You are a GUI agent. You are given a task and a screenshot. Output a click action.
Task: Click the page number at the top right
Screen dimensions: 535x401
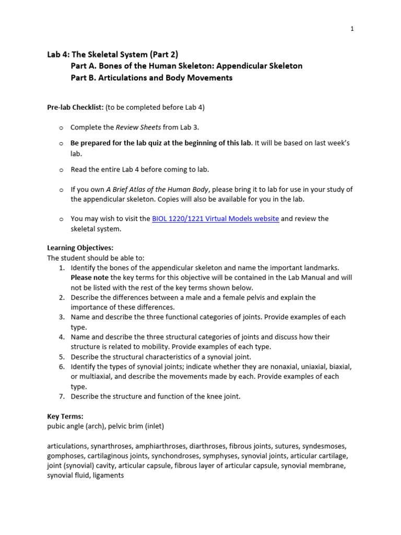(x=352, y=29)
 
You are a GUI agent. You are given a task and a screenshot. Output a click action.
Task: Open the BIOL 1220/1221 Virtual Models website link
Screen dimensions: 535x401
(x=215, y=219)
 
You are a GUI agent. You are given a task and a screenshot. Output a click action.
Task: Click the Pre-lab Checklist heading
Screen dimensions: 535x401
(x=75, y=107)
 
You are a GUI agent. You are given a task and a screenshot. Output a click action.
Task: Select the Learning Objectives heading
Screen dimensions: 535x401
(x=80, y=248)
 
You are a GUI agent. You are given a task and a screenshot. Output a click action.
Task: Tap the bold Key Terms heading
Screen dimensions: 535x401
(x=65, y=416)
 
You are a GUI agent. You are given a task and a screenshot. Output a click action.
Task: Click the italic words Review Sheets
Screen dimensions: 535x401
(x=138, y=127)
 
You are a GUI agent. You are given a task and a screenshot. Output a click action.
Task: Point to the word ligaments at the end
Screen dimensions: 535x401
(x=108, y=476)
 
